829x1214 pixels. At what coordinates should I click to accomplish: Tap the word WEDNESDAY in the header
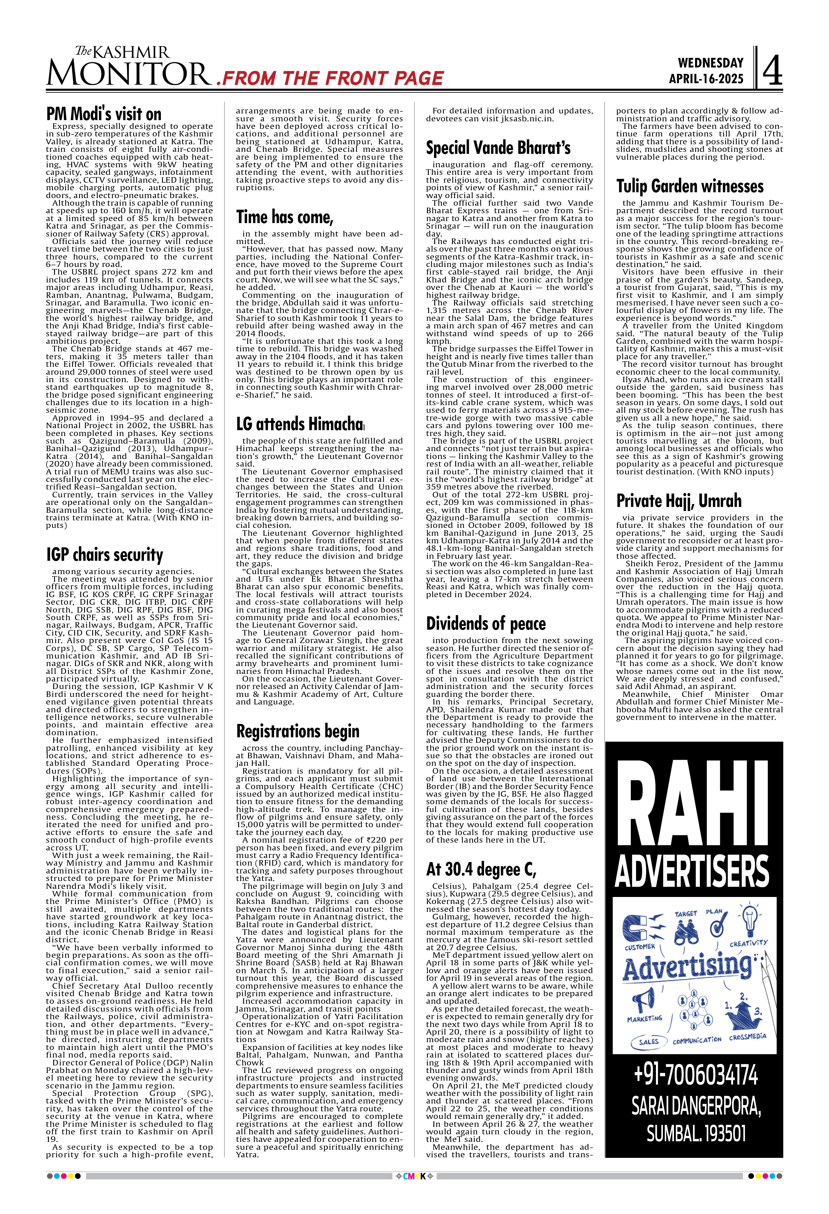(x=710, y=63)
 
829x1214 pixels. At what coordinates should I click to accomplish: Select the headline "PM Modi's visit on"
(x=104, y=114)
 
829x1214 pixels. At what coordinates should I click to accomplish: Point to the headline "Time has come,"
(x=285, y=216)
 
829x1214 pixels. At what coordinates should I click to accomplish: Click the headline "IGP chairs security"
(x=104, y=554)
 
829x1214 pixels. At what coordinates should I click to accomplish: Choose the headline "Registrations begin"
(x=298, y=731)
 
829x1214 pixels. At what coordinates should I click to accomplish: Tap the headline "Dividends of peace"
(x=486, y=623)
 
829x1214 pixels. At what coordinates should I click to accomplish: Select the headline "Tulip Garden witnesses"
(x=690, y=186)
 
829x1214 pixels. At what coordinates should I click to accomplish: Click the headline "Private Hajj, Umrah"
(x=679, y=501)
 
